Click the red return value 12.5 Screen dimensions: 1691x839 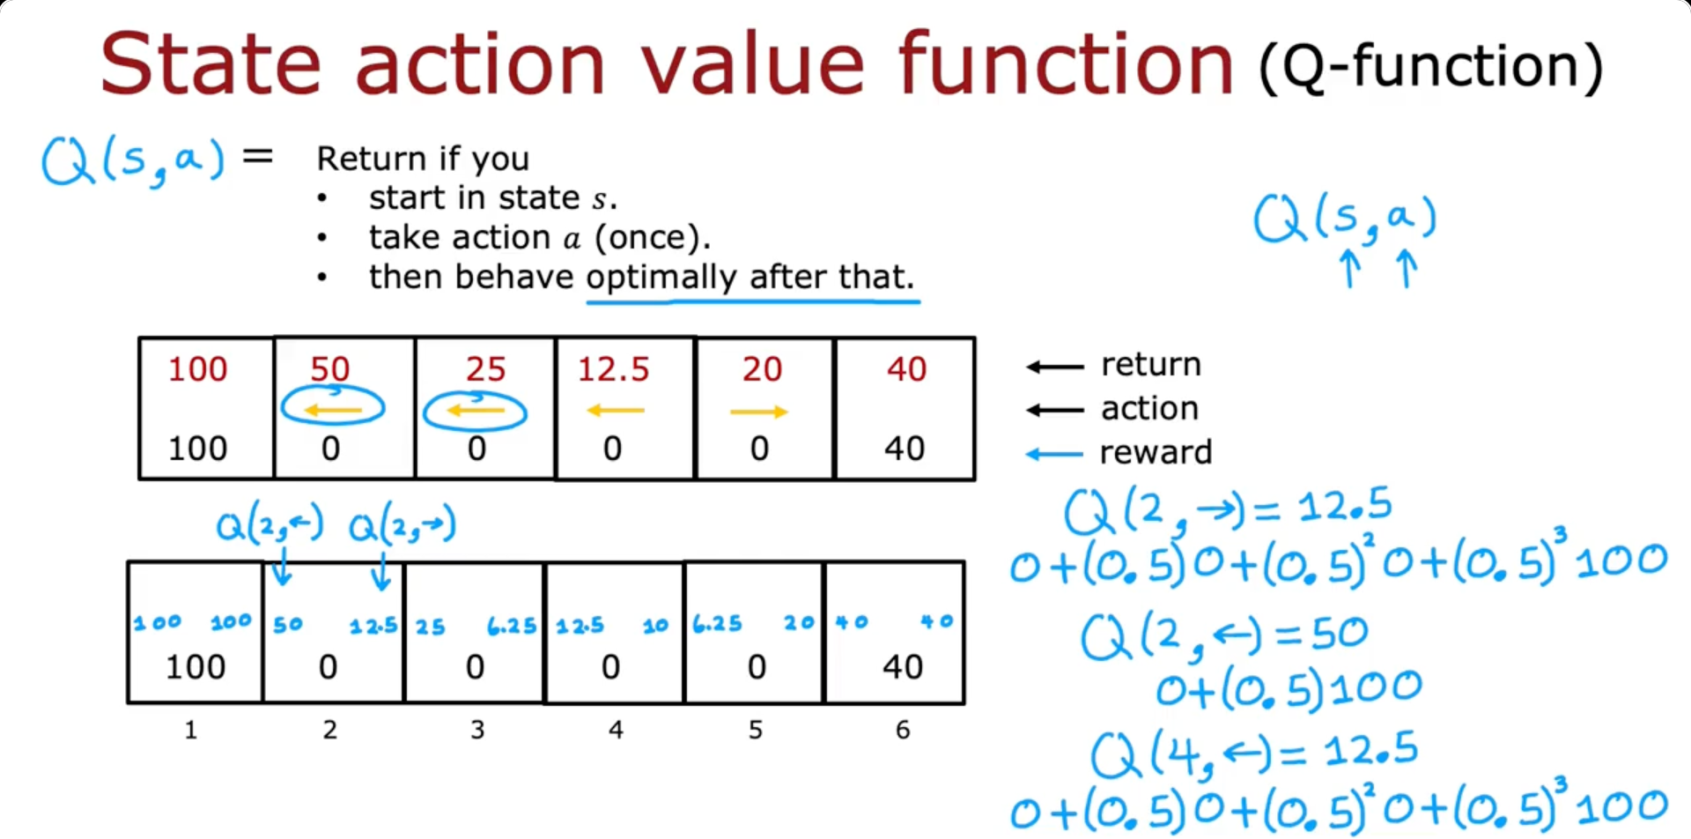pos(613,368)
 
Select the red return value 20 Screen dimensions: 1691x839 pos(762,368)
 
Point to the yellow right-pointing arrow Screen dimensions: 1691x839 pos(758,412)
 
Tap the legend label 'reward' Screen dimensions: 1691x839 pos(1156,452)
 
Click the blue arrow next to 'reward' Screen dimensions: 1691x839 pos(1054,455)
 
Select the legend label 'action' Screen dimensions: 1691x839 pos(1149,408)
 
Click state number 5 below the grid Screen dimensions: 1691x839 pos(756,730)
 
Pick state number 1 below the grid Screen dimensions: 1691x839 pos(190,730)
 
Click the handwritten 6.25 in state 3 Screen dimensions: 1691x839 pos(512,626)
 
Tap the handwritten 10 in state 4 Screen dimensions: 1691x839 pos(655,626)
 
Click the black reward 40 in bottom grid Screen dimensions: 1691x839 pos(903,666)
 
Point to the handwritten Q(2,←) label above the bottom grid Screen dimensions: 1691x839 pos(270,525)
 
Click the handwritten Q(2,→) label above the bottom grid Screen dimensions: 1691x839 pos(402,526)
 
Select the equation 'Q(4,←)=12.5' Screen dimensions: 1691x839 pos(1254,754)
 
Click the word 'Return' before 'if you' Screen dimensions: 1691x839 pos(372,159)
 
